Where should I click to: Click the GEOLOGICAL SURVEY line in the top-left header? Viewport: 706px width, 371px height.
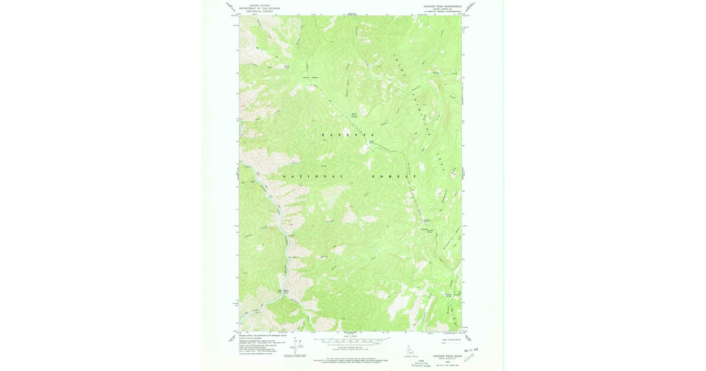pos(259,11)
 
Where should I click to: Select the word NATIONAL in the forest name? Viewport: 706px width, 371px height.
pos(312,177)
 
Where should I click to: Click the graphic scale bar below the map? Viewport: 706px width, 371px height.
pos(350,340)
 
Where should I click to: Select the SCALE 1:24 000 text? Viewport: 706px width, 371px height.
pos(350,336)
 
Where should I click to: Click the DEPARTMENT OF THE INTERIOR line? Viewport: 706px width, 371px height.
pos(259,8)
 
